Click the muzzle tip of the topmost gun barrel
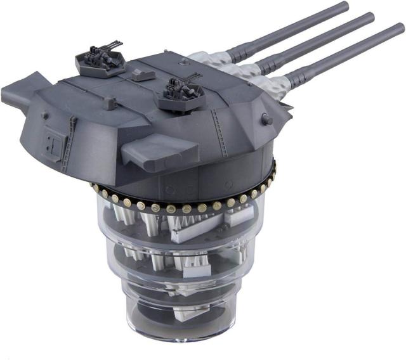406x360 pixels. pos(344,6)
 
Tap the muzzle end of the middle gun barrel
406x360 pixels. pos(369,18)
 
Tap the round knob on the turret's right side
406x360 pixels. pos(266,119)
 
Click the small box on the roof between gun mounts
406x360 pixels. pos(145,75)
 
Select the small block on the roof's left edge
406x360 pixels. pos(109,101)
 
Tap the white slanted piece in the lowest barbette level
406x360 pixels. pos(184,293)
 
